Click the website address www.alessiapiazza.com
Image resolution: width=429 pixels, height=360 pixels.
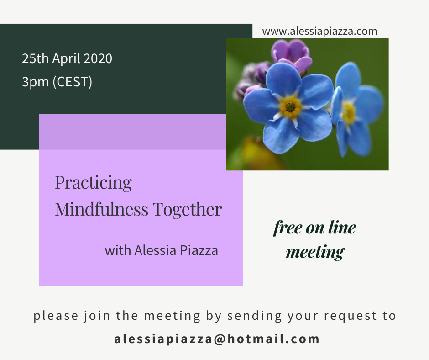(x=319, y=31)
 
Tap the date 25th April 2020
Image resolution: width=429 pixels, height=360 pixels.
(x=67, y=58)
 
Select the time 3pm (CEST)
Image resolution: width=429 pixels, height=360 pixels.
(x=57, y=82)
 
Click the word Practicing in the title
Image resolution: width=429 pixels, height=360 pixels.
(x=93, y=183)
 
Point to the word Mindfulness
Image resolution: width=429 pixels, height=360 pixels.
(x=101, y=209)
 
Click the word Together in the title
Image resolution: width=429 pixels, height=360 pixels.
(x=187, y=210)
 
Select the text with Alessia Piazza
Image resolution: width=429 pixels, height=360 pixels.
(x=162, y=250)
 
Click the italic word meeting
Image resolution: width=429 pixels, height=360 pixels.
(x=315, y=252)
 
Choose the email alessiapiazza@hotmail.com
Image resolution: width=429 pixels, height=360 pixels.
(x=217, y=339)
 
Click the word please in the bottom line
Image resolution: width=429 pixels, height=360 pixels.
(x=56, y=316)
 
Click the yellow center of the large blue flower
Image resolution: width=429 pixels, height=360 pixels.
(x=290, y=106)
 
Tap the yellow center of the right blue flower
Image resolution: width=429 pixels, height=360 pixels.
(x=348, y=112)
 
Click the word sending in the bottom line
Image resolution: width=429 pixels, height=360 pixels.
(x=255, y=316)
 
